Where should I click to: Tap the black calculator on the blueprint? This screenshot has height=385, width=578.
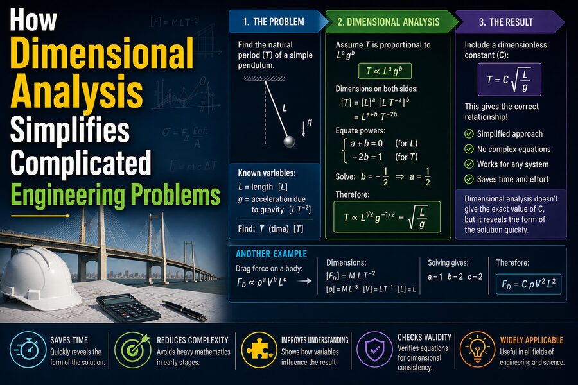(128, 307)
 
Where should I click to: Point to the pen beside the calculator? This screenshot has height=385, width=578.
(184, 310)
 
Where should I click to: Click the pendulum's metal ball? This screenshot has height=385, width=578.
(289, 141)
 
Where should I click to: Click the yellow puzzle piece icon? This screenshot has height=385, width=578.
(259, 349)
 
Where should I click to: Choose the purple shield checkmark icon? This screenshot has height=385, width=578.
(375, 349)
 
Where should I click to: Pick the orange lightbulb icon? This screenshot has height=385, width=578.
(478, 349)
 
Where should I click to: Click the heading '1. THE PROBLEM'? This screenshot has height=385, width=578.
(274, 22)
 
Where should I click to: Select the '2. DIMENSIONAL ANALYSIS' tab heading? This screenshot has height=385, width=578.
(388, 22)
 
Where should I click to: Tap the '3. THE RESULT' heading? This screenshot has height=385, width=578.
(506, 22)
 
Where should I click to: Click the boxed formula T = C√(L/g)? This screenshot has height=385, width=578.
(509, 80)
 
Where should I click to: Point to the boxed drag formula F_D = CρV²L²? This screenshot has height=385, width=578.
(529, 284)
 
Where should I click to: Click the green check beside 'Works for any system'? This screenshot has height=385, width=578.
(469, 164)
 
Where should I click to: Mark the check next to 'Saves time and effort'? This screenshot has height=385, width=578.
(469, 179)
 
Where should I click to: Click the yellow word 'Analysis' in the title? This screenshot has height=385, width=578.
(76, 90)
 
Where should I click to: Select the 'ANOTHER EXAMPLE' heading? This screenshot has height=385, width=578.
(271, 254)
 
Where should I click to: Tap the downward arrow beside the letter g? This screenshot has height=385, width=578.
(303, 128)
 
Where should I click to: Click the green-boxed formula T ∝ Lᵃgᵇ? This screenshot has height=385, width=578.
(385, 71)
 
